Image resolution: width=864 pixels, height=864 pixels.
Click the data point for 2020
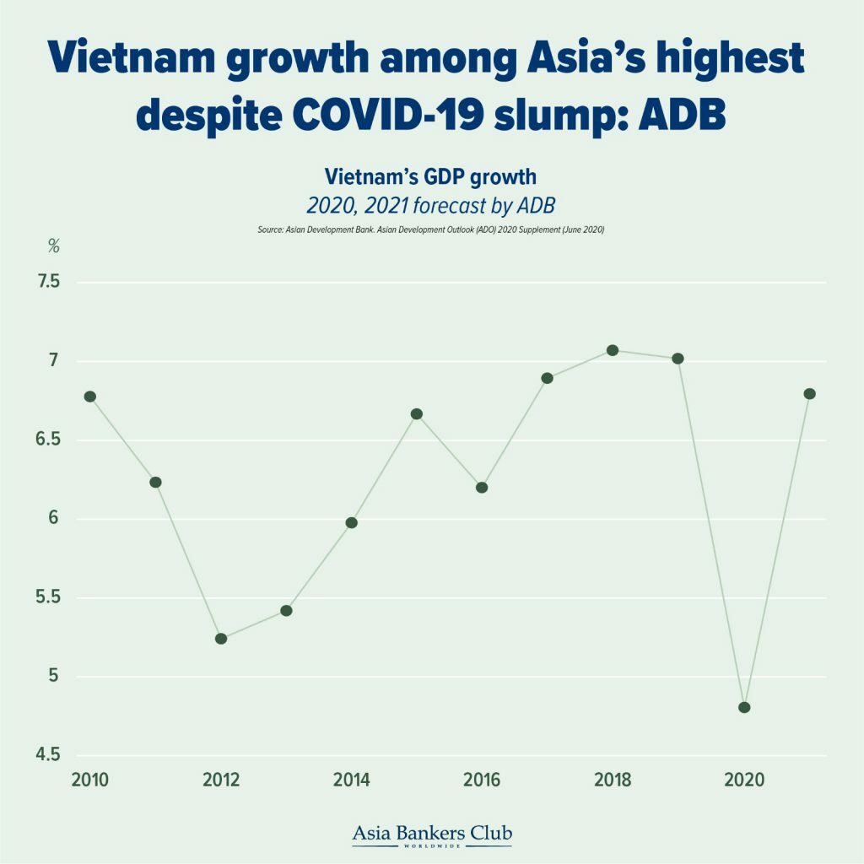click(x=744, y=707)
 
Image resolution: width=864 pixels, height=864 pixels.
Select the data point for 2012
click(x=221, y=639)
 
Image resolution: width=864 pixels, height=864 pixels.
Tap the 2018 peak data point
click(x=613, y=350)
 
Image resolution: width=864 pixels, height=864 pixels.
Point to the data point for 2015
click(x=417, y=414)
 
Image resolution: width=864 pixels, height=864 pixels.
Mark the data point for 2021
click(x=810, y=394)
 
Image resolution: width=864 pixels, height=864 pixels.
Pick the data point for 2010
click(x=90, y=397)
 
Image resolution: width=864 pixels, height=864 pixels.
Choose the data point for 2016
click(x=482, y=488)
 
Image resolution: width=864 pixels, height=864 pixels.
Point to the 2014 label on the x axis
click(x=351, y=780)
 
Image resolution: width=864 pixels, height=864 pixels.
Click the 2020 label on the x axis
click(x=744, y=780)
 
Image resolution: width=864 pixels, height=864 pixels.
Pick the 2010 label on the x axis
click(x=90, y=780)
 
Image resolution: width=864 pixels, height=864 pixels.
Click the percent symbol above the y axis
click(x=54, y=246)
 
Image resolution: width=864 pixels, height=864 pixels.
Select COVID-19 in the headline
click(x=395, y=116)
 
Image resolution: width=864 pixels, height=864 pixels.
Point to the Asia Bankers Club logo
click(x=431, y=834)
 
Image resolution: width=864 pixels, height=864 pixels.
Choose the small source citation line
click(x=431, y=229)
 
